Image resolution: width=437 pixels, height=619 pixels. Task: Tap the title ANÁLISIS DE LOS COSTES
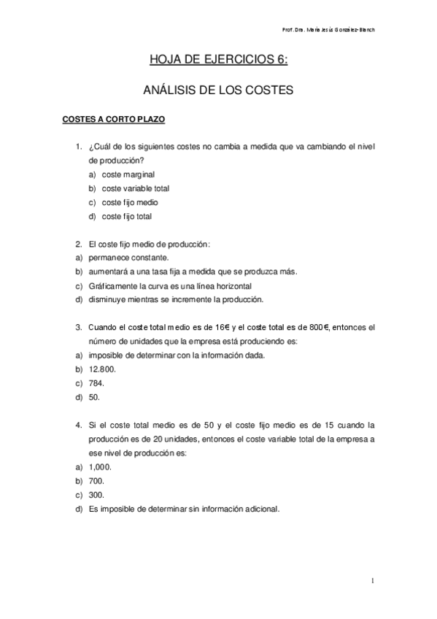[x=218, y=91]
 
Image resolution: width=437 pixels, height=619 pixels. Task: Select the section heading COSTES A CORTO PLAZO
[x=116, y=118]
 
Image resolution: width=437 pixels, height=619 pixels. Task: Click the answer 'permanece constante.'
[x=118, y=258]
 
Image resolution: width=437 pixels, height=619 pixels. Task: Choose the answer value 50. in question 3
[x=95, y=397]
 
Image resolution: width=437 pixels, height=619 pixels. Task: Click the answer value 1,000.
[x=99, y=466]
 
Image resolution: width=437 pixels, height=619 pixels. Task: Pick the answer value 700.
[x=96, y=480]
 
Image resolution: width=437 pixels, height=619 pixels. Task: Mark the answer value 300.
[x=96, y=494]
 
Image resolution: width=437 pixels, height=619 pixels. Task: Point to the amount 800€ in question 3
[x=319, y=328]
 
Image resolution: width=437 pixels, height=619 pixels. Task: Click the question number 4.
[x=78, y=425]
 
